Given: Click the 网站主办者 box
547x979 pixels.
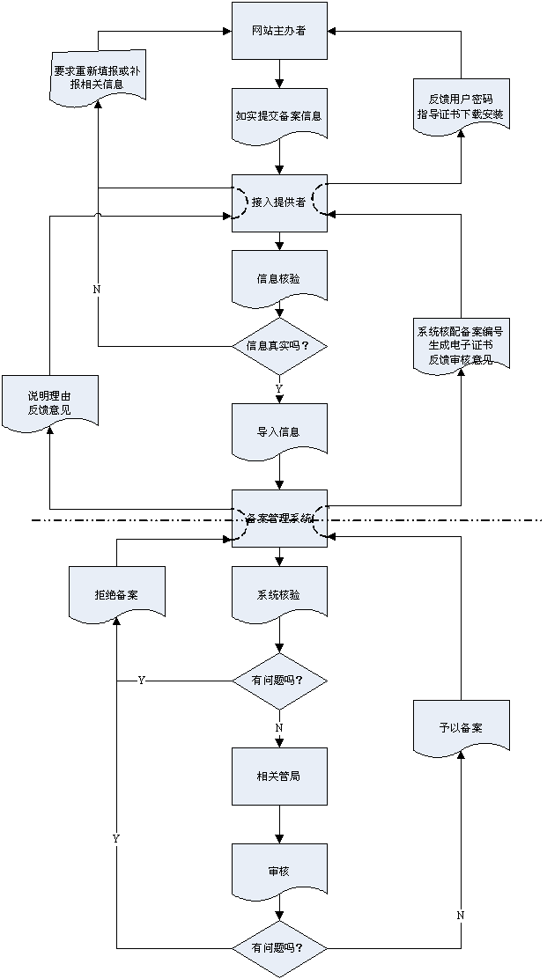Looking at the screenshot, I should [x=279, y=31].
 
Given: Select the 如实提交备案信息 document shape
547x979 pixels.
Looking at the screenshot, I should [x=279, y=114].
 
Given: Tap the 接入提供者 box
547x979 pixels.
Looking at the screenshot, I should [x=279, y=202].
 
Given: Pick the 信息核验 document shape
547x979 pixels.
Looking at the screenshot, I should [x=279, y=278].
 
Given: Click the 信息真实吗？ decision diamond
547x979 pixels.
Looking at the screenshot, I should [x=279, y=344].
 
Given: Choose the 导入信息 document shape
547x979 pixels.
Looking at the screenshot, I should [x=279, y=431].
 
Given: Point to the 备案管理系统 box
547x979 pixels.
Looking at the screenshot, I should [x=279, y=518].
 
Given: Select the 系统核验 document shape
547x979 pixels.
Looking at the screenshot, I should [x=279, y=594].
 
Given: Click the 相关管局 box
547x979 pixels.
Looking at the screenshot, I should [x=279, y=776].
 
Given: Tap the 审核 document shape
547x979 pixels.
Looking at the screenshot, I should [x=279, y=871].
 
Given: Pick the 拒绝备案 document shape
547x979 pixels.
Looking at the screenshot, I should [x=116, y=594].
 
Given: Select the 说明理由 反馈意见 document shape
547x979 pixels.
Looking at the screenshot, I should [x=49, y=402].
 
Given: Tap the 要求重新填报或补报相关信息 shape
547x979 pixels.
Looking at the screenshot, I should [x=96, y=77].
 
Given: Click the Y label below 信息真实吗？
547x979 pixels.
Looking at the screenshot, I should [x=279, y=388].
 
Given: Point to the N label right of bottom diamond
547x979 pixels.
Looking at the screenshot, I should [x=461, y=916].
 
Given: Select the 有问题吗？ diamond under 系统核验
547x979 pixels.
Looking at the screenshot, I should [x=279, y=681].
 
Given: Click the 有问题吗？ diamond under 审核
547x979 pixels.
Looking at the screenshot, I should [x=279, y=948].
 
